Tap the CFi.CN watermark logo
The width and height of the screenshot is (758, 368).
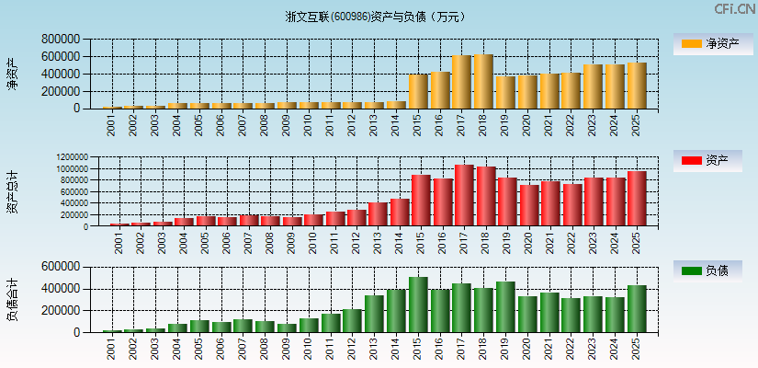click(734, 9)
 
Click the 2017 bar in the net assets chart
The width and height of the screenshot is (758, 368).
click(461, 82)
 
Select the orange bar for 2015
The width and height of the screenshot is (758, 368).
click(418, 91)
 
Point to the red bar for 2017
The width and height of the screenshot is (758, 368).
click(464, 195)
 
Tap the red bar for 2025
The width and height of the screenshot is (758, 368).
click(637, 198)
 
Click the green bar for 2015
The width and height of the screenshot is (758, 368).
click(418, 305)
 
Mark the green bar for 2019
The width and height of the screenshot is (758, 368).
click(505, 306)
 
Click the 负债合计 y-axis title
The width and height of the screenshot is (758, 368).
click(13, 299)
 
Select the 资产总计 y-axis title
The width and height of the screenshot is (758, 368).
click(13, 192)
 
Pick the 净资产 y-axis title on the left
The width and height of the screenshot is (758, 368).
click(13, 74)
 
